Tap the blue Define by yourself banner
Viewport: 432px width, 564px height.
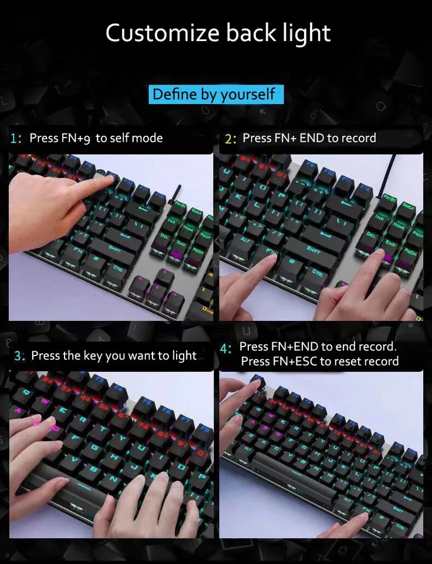[214, 94]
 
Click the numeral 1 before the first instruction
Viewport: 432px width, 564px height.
[14, 139]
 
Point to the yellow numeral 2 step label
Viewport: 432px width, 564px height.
[230, 139]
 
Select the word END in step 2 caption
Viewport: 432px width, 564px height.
[312, 138]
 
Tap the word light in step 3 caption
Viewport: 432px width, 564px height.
[184, 356]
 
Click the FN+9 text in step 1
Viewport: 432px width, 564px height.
[76, 138]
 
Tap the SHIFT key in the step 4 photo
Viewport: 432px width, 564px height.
[397, 509]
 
